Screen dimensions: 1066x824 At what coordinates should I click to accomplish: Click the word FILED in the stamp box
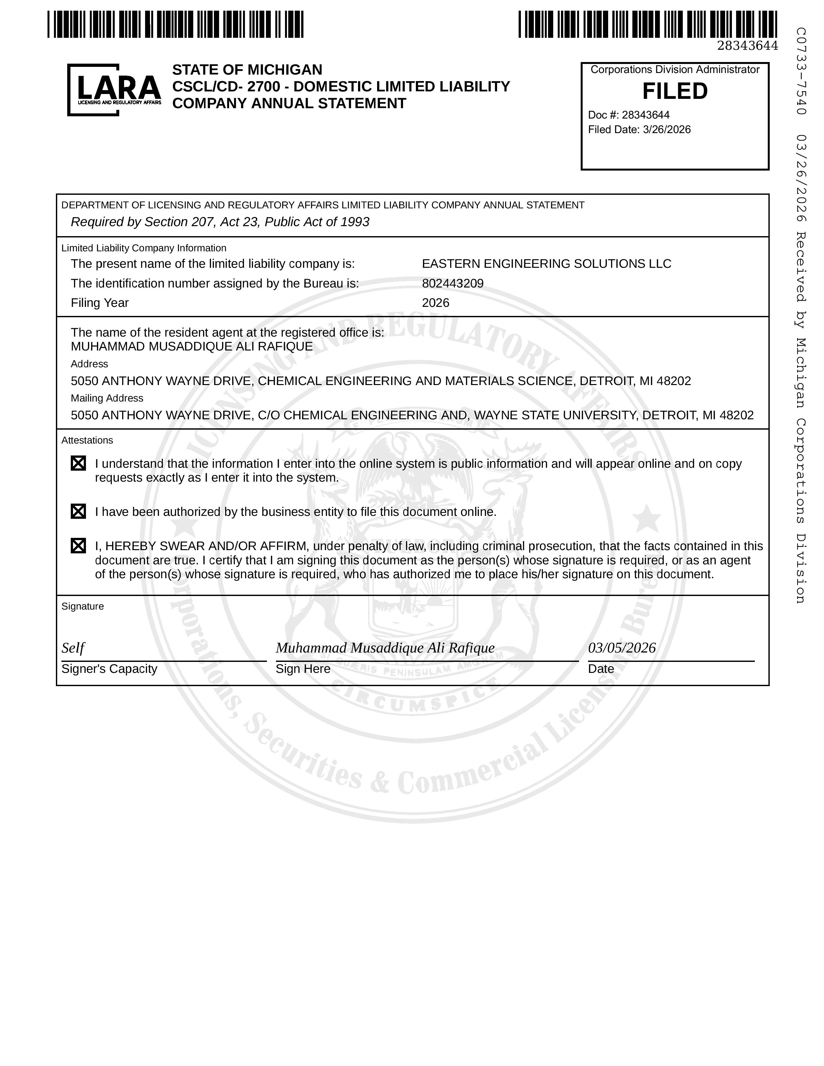(x=675, y=91)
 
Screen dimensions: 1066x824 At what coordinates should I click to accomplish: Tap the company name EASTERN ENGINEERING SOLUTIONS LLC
(x=546, y=264)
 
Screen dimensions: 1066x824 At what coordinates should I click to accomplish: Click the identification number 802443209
(x=452, y=284)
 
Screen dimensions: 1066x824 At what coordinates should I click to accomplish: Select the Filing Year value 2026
(x=436, y=303)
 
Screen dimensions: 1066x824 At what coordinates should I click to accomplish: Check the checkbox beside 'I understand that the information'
(x=79, y=463)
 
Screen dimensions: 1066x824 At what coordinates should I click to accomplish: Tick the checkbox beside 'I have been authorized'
(x=79, y=512)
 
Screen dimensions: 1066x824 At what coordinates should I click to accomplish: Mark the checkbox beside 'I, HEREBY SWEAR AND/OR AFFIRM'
(x=79, y=546)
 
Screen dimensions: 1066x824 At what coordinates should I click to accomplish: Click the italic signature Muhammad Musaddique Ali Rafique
(x=385, y=648)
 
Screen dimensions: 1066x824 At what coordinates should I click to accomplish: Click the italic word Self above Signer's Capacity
(x=73, y=648)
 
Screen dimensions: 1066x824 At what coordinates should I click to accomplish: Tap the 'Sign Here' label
(x=303, y=669)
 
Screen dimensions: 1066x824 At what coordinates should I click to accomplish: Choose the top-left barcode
(x=176, y=25)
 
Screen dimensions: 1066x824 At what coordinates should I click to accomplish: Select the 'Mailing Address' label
(x=107, y=398)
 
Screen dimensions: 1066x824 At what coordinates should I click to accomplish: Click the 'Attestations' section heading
(x=87, y=440)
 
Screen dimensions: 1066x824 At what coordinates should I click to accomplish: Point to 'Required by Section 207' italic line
(x=220, y=222)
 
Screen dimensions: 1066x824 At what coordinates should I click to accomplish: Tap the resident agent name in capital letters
(x=191, y=347)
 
